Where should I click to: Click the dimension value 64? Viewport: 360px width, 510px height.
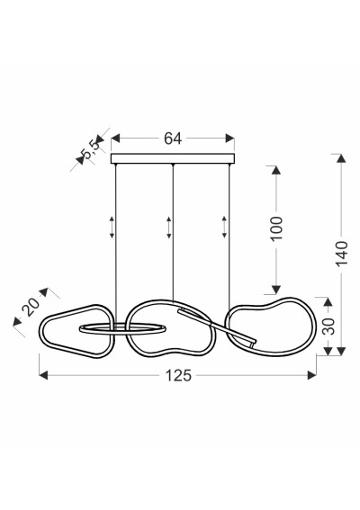tap(173, 139)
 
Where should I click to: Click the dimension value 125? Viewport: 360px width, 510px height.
tap(179, 376)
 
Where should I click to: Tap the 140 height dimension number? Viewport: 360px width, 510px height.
tap(342, 254)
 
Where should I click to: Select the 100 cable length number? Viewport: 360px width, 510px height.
tap(276, 228)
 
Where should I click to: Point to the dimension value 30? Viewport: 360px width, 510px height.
tap(328, 327)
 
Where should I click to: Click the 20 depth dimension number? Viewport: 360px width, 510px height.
tap(31, 307)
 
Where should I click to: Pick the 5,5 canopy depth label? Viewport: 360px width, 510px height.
tap(91, 149)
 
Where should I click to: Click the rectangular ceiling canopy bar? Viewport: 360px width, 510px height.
tap(173, 158)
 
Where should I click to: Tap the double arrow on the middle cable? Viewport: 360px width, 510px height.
tap(168, 228)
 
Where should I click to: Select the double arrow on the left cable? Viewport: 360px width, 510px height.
tap(112, 227)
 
